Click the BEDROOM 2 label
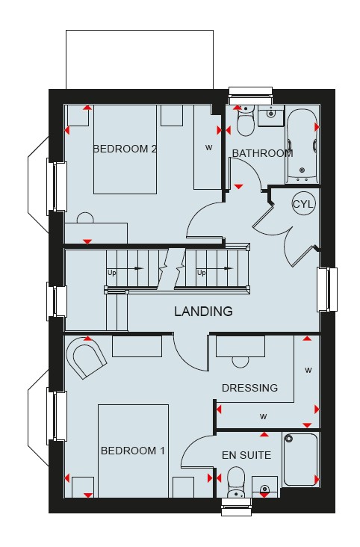[x=125, y=149]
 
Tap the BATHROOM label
[x=262, y=153]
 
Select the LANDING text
[x=203, y=311]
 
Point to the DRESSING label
[x=249, y=388]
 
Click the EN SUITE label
[x=246, y=455]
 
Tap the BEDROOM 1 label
[x=132, y=451]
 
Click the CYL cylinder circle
[x=303, y=204]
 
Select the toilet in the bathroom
[x=246, y=121]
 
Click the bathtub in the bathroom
[x=302, y=146]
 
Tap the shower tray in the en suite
[x=300, y=460]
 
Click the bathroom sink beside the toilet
[x=271, y=115]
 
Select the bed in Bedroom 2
[x=125, y=149]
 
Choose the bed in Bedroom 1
[x=133, y=451]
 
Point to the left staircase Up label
[x=111, y=273]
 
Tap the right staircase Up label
[x=201, y=273]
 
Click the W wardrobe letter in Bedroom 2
[x=208, y=147]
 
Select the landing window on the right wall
[x=327, y=289]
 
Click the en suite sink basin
[x=264, y=486]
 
